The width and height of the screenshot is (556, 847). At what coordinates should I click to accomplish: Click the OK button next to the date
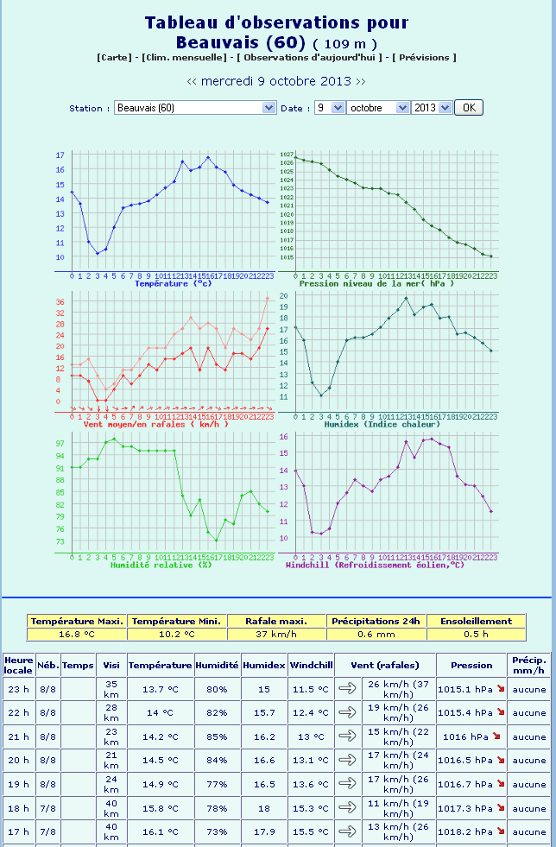tap(469, 108)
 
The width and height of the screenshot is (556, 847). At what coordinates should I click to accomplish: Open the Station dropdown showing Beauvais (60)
tap(195, 108)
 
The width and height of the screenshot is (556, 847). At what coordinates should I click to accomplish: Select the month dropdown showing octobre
tap(378, 108)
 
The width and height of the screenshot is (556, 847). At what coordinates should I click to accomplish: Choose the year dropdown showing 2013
tap(432, 108)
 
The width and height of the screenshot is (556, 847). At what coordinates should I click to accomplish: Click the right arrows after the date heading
tap(360, 81)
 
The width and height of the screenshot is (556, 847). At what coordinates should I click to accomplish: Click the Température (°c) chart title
tap(174, 283)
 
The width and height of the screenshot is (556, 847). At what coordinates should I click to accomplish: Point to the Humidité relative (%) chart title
tap(161, 565)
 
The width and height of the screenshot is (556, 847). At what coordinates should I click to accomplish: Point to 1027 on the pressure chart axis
tap(287, 154)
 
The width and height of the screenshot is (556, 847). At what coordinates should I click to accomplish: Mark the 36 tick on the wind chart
tap(60, 301)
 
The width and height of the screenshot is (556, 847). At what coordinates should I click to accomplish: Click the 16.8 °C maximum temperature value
tap(78, 634)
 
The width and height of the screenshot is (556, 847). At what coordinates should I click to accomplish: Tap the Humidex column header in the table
tap(263, 665)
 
